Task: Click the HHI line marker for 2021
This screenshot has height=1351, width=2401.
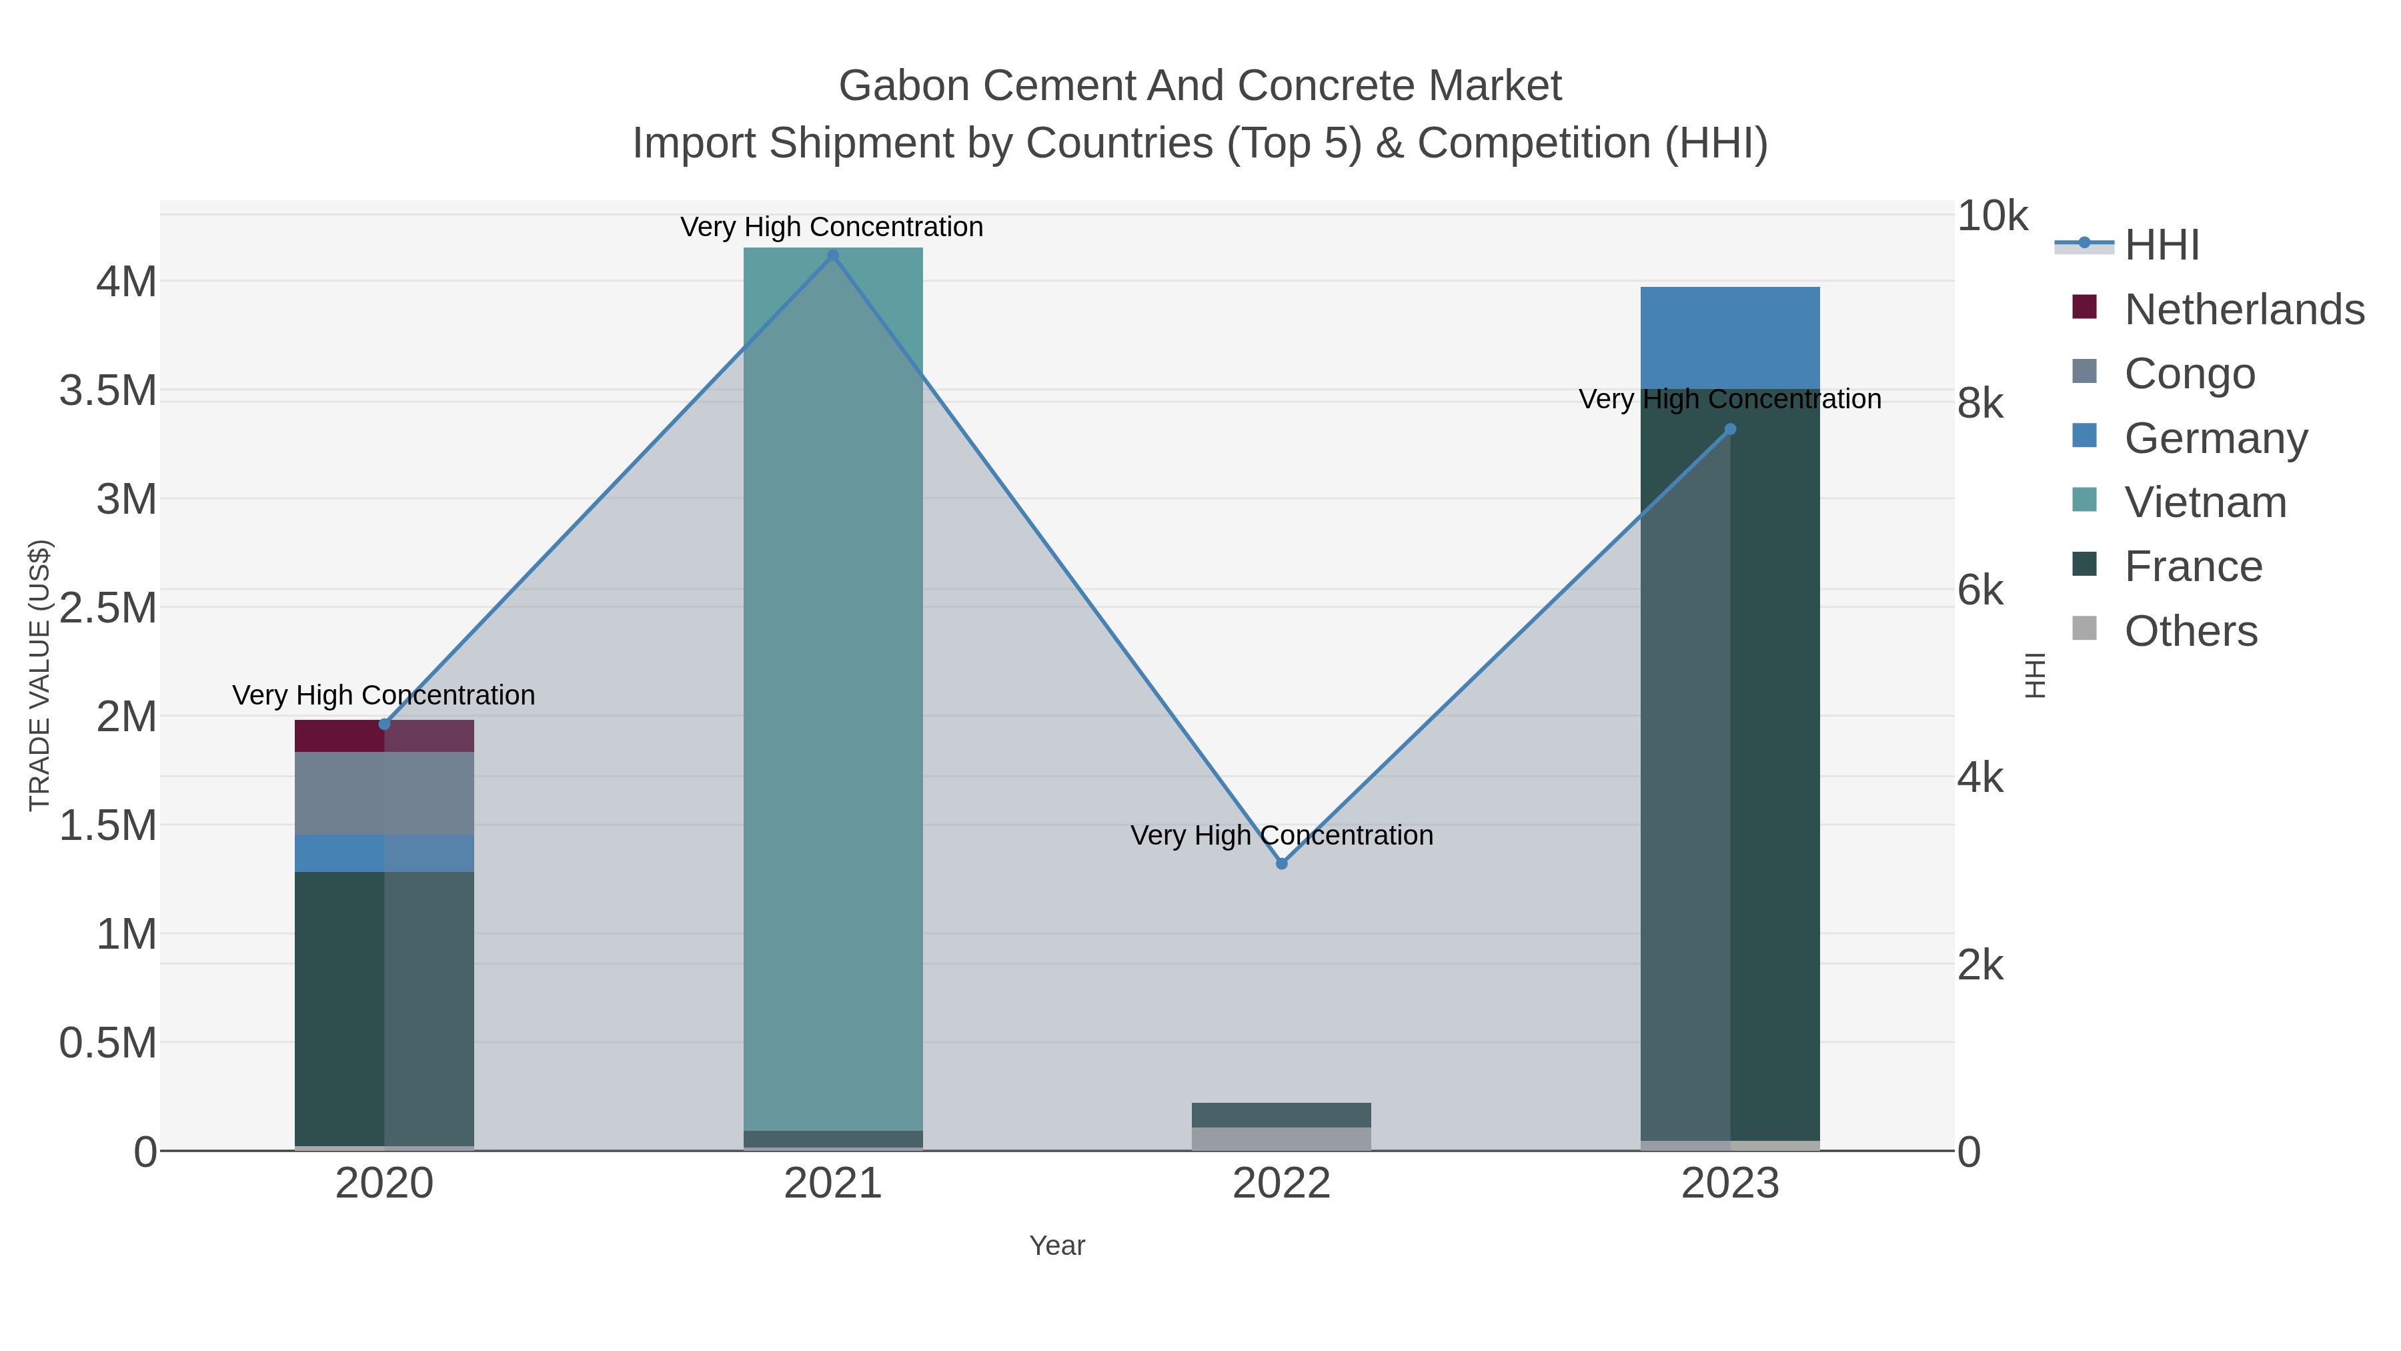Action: pos(833,256)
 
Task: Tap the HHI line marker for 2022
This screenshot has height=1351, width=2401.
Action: pos(1282,863)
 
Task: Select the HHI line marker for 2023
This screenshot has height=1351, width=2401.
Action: pos(1730,429)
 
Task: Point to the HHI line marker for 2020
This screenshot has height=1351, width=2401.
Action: pos(385,723)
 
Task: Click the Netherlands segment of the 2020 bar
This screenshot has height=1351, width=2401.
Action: pos(384,737)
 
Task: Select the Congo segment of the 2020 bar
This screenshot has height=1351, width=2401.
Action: pos(384,793)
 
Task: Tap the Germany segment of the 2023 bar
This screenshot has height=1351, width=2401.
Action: pos(1730,338)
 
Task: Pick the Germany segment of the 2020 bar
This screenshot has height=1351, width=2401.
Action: pos(384,853)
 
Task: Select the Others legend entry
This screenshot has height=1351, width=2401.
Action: pos(2190,631)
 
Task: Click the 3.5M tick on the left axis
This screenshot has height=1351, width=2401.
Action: pos(108,391)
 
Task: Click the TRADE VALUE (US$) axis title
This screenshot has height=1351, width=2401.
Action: pos(40,675)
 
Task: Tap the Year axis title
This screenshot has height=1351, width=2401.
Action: pos(1057,1246)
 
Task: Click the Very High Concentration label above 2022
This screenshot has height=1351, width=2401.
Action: pos(1282,835)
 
